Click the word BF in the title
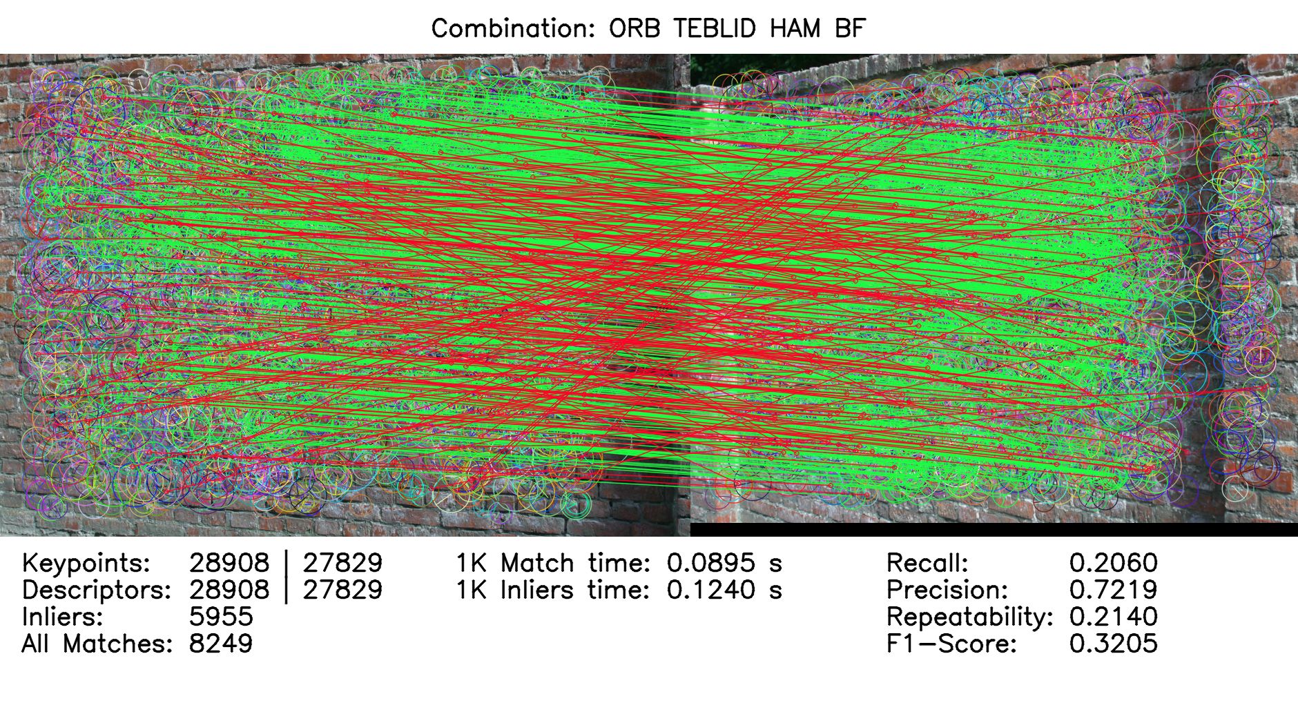coord(849,29)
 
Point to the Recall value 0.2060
coord(1113,563)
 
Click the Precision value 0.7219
coord(1113,590)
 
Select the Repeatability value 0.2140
coord(1113,617)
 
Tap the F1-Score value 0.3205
coord(1113,644)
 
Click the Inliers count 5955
coord(221,617)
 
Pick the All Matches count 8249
coord(221,644)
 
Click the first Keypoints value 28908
coord(229,563)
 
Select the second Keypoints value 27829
coord(342,563)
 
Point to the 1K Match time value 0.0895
coord(710,563)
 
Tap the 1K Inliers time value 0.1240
coord(710,590)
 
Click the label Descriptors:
coord(97,590)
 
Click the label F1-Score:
coord(951,644)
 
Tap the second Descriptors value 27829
coord(342,590)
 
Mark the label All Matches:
coord(97,644)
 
